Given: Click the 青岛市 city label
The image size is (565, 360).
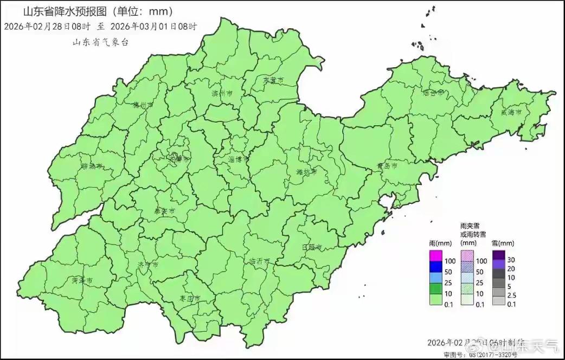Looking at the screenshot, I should point(387,165).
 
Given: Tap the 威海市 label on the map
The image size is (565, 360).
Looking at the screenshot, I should point(511,112).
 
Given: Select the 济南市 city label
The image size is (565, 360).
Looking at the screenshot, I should point(179,160).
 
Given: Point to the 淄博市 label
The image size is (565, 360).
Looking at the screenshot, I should point(238,159).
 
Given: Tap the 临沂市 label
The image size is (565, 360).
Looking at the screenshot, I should point(259,261).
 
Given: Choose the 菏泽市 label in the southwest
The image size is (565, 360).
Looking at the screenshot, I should point(82,280).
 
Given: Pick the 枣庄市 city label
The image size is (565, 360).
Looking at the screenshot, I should point(190,299).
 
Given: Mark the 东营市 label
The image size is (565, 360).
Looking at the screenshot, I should point(273,80).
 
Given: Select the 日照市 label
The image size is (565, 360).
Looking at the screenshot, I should point(312,247).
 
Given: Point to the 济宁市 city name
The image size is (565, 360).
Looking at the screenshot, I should point(147,265).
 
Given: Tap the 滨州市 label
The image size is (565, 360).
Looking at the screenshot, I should point(222,94).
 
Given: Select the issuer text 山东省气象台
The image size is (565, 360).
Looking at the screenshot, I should point(101,42).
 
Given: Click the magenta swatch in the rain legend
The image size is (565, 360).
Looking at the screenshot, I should point(436,255).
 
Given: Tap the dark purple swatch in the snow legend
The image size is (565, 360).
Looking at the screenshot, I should point(499,255).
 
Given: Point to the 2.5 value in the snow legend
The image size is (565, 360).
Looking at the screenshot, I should point(511,295).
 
